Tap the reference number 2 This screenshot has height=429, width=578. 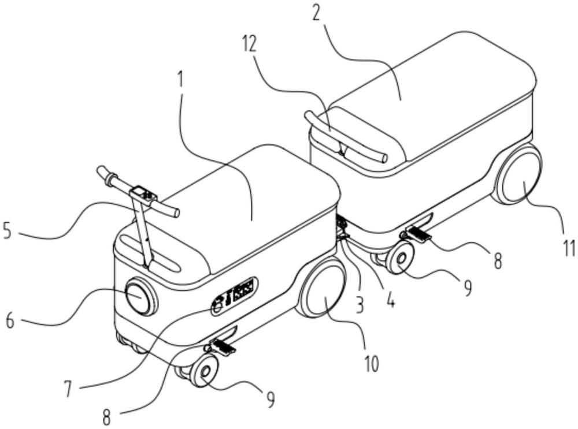(x=316, y=13)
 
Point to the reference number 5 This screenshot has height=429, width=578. (x=8, y=230)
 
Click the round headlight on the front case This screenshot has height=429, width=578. (x=139, y=296)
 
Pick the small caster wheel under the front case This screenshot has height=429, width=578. (x=203, y=371)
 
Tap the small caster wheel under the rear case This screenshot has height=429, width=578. (x=399, y=258)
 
